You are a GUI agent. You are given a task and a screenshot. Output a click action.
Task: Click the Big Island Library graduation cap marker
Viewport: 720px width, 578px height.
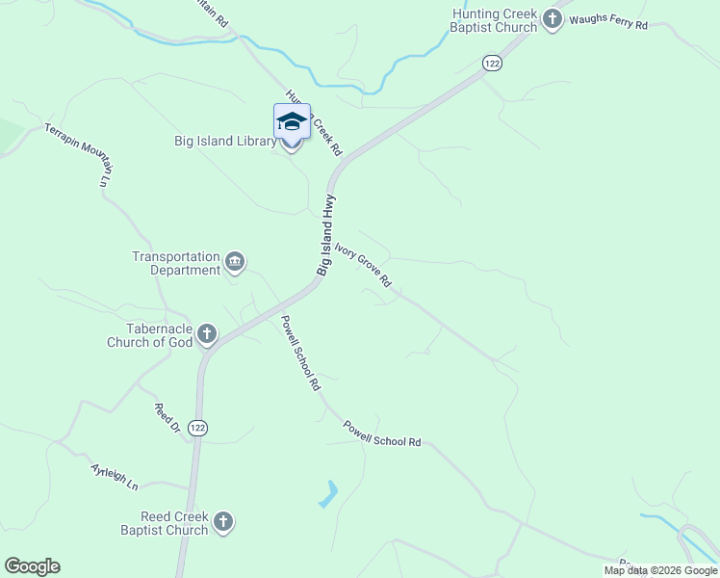(x=292, y=123)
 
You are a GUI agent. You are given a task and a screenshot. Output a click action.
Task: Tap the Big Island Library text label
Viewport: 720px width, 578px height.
(x=219, y=142)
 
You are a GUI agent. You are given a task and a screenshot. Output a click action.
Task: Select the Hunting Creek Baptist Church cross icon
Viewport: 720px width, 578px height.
(x=553, y=19)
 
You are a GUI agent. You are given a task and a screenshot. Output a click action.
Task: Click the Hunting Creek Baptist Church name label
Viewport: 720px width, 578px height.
(x=495, y=20)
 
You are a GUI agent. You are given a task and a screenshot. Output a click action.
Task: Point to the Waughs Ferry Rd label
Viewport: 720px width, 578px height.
(x=608, y=21)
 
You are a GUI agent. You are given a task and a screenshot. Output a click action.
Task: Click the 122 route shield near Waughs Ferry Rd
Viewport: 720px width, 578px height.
(x=493, y=63)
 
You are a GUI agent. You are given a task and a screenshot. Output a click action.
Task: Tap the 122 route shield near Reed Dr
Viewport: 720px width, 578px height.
(x=197, y=428)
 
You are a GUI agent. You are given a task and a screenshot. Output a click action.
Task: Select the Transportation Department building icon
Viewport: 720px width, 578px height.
(x=235, y=262)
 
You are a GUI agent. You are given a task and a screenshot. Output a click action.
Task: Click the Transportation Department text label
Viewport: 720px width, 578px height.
(x=176, y=264)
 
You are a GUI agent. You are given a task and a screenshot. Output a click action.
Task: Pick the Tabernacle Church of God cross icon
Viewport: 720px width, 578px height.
(x=207, y=335)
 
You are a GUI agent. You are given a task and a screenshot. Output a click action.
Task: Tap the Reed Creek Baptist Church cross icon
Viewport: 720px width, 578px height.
(x=223, y=522)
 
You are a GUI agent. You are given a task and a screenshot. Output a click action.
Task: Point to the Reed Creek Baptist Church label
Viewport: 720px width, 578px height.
(x=165, y=523)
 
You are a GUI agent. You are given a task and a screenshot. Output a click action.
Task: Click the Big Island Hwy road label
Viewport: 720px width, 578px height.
(x=326, y=235)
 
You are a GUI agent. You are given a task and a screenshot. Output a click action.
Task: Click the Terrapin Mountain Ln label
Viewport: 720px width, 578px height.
(x=79, y=153)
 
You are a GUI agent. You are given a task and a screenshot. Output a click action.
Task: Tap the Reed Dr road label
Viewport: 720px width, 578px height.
(x=167, y=416)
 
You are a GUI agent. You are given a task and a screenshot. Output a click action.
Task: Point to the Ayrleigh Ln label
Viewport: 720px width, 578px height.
(x=116, y=476)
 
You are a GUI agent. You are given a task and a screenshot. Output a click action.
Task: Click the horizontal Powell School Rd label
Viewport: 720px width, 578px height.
(x=383, y=434)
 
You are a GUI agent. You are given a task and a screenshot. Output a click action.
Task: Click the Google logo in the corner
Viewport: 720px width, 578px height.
(x=32, y=566)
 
